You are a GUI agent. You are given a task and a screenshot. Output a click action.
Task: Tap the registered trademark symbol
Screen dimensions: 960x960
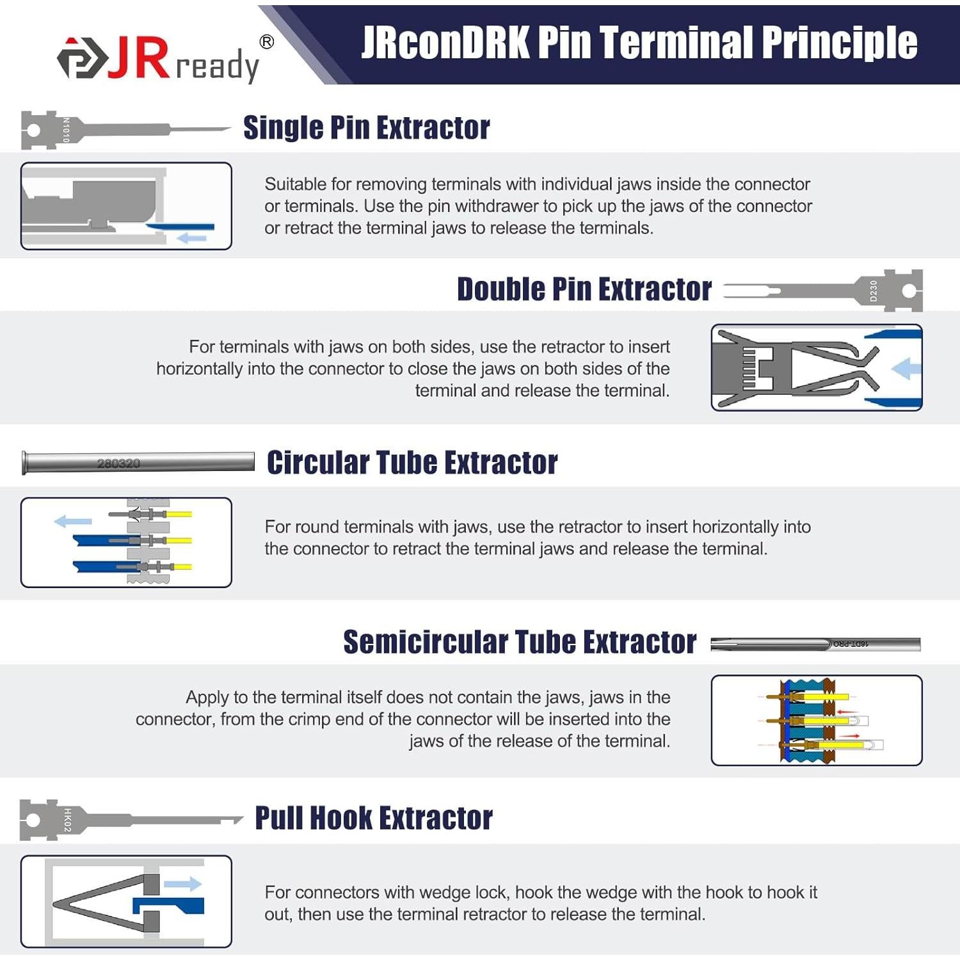coord(267,42)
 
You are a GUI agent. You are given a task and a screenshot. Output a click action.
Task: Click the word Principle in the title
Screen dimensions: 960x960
coord(840,43)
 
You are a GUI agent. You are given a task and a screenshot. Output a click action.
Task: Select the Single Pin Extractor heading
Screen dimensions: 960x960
coord(367,127)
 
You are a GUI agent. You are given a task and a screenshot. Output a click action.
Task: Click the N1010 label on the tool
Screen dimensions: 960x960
coord(66,130)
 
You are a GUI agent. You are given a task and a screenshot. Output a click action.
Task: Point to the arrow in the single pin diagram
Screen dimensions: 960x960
coord(191,238)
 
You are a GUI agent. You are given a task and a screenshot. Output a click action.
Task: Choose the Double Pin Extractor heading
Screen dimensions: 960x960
coord(584,289)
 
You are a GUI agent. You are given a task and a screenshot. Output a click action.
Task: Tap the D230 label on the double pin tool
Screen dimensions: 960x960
coord(874,291)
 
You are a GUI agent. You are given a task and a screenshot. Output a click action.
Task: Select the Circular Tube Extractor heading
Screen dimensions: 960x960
coord(412,463)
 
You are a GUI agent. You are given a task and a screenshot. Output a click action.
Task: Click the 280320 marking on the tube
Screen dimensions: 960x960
coord(118,463)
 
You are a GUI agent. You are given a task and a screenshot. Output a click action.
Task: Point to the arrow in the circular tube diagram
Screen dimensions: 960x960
coord(73,521)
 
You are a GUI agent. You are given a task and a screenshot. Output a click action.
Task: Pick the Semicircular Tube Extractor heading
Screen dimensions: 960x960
coord(520,642)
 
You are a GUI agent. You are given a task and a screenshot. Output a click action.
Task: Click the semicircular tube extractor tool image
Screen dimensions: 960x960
coord(815,644)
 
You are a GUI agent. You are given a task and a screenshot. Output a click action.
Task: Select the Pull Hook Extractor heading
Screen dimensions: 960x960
coord(374,819)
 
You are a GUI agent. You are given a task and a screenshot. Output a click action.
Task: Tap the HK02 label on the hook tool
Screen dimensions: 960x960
coord(67,820)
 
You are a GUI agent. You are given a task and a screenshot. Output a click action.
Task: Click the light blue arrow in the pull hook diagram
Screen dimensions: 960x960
coord(183,884)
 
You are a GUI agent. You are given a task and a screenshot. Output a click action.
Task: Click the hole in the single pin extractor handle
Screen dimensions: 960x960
coord(33,131)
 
